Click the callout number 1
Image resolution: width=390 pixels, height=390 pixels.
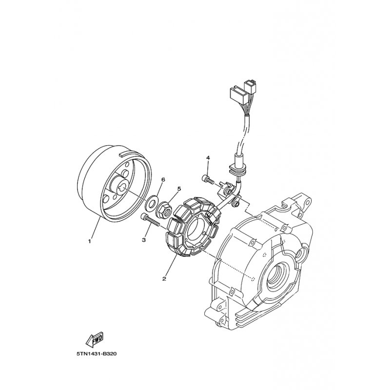90,241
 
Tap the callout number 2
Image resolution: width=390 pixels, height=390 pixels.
164,279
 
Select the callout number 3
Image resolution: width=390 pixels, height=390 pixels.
143,240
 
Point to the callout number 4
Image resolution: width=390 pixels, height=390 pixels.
208,157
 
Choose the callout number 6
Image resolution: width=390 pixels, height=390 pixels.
163,179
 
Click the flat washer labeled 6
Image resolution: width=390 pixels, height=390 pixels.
150,202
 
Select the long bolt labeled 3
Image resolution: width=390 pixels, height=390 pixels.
150,220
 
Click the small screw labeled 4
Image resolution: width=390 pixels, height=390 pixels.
207,179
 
